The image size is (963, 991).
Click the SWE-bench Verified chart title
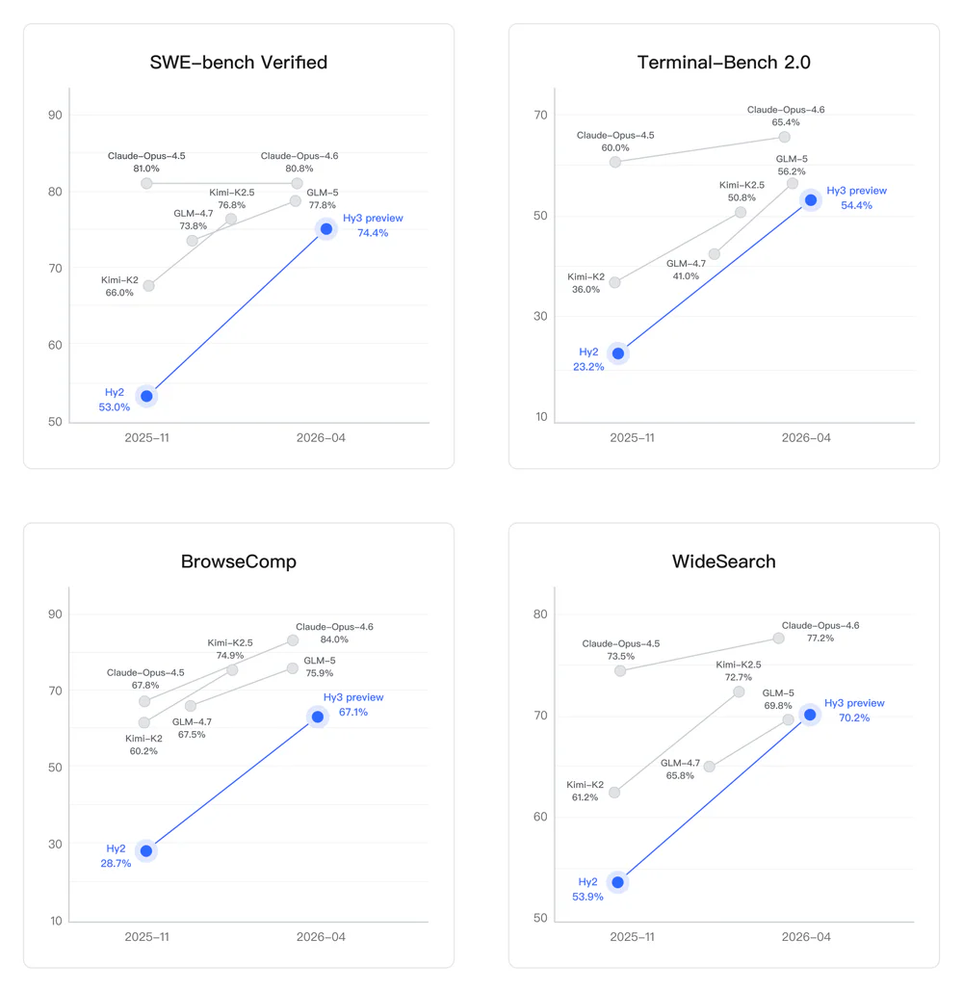pyautogui.click(x=239, y=63)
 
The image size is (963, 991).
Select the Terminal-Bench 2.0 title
pyautogui.click(x=724, y=63)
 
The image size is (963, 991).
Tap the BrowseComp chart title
pyautogui.click(x=239, y=561)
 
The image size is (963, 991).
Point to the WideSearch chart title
pyautogui.click(x=724, y=561)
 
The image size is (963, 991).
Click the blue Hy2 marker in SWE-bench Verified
pyautogui.click(x=146, y=396)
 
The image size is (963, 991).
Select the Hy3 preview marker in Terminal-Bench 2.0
pyautogui.click(x=811, y=200)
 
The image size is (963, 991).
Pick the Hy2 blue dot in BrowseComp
pyautogui.click(x=145, y=850)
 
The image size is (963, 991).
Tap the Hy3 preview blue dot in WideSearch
pyautogui.click(x=810, y=715)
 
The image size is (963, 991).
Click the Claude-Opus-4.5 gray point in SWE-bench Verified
pyautogui.click(x=146, y=183)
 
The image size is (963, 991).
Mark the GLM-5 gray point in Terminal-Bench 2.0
pyautogui.click(x=793, y=183)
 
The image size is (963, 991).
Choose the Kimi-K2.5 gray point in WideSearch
pyautogui.click(x=739, y=691)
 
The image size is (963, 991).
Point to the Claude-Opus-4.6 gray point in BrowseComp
pyautogui.click(x=293, y=640)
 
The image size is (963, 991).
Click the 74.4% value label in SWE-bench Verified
pyautogui.click(x=373, y=233)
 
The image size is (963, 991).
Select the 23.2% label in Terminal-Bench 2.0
pyautogui.click(x=587, y=367)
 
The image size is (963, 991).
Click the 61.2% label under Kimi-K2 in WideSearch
pyautogui.click(x=584, y=797)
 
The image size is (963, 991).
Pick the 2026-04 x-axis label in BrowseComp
pyautogui.click(x=321, y=937)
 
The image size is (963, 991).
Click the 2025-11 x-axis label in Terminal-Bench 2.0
pyautogui.click(x=632, y=438)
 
